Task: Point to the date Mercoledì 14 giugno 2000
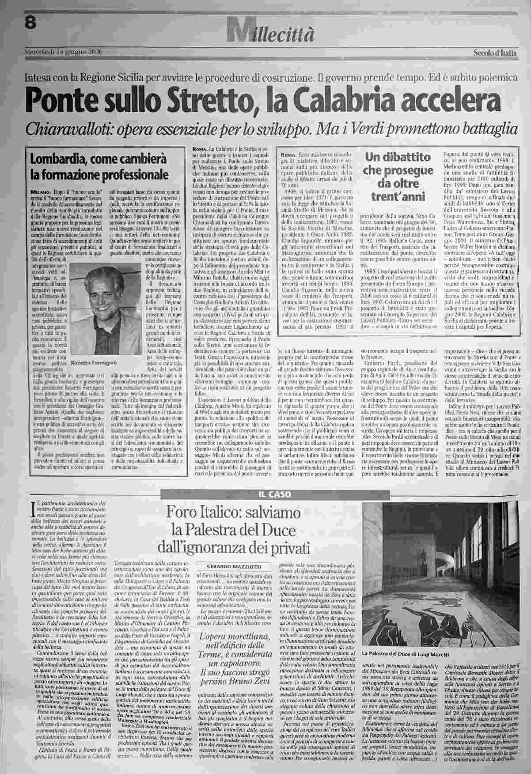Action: tap(63, 52)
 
